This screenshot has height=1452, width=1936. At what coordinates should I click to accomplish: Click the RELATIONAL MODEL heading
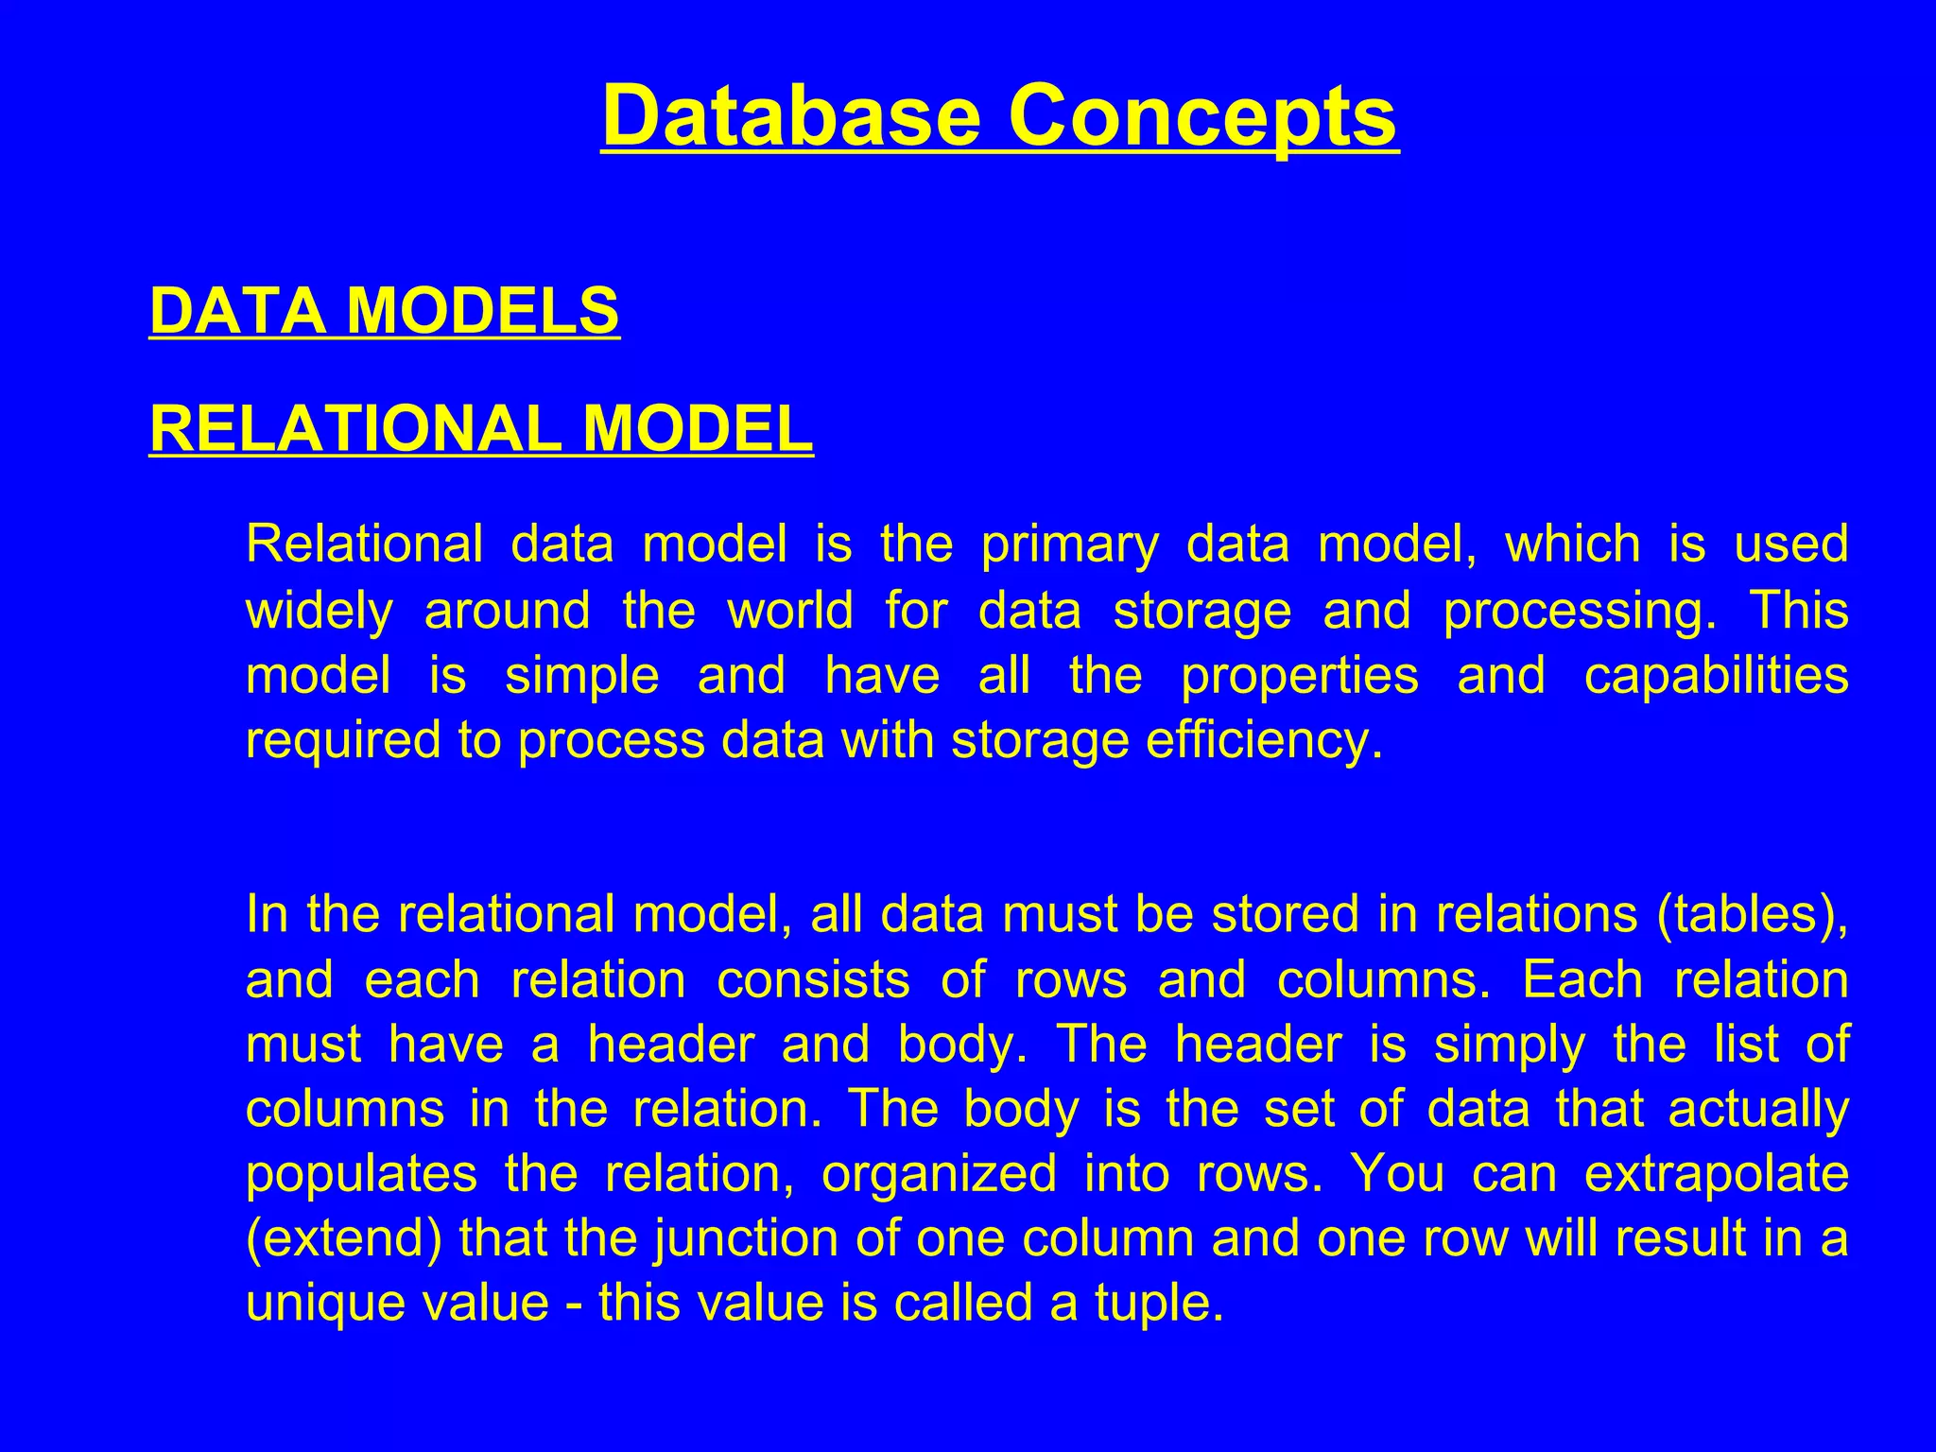click(x=481, y=428)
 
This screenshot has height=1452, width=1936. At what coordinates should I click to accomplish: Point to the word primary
click(x=1069, y=545)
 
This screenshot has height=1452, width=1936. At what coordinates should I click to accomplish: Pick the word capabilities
click(x=1716, y=676)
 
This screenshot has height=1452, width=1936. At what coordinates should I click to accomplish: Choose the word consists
click(x=813, y=979)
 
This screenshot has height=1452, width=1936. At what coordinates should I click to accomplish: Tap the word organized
click(x=938, y=1175)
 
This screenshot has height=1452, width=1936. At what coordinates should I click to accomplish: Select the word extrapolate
click(x=1716, y=1173)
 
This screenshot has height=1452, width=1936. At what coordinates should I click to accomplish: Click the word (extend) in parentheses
click(x=343, y=1238)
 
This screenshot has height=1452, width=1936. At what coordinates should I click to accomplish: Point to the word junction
click(x=745, y=1238)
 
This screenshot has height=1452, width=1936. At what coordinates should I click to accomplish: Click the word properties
click(x=1300, y=676)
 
